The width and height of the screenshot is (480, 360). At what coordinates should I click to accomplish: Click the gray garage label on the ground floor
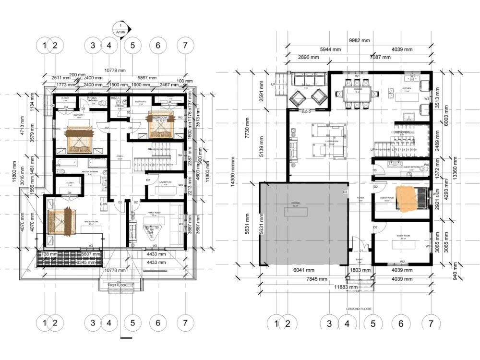pyautogui.click(x=295, y=203)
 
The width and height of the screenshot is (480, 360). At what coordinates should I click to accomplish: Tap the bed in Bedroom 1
pyautogui.click(x=79, y=137)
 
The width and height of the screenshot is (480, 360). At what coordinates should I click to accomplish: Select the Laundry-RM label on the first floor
pyautogui.click(x=165, y=182)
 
